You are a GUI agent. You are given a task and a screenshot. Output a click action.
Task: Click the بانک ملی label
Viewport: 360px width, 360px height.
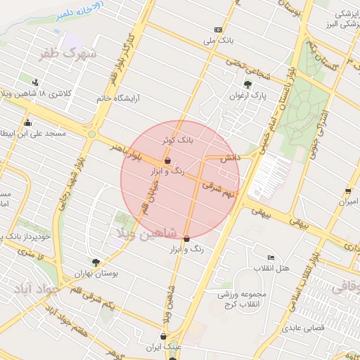pos(217,41)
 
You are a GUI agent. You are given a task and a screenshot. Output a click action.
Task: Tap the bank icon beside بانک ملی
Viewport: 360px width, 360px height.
pos(218,30)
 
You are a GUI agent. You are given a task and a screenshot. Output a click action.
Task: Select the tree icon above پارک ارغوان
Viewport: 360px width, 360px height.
pos(247,84)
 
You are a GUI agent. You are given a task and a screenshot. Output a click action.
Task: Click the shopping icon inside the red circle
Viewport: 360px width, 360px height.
pos(166,160)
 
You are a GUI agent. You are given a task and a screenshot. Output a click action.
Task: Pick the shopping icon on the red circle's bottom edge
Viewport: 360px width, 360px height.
pos(186,239)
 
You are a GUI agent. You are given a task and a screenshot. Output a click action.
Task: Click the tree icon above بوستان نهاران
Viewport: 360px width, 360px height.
pos(96,262)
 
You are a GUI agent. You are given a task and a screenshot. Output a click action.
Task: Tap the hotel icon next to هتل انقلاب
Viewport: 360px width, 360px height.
pos(271,257)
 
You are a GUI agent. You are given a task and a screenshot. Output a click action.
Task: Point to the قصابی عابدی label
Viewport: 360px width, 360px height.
pos(302,328)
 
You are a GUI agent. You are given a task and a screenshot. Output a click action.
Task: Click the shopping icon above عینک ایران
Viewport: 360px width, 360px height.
pos(163,336)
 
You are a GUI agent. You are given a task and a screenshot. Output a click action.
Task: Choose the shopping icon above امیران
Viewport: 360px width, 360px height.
pos(348,191)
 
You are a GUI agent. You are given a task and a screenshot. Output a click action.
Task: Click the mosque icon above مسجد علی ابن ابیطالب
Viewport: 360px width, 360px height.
pos(27,123)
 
